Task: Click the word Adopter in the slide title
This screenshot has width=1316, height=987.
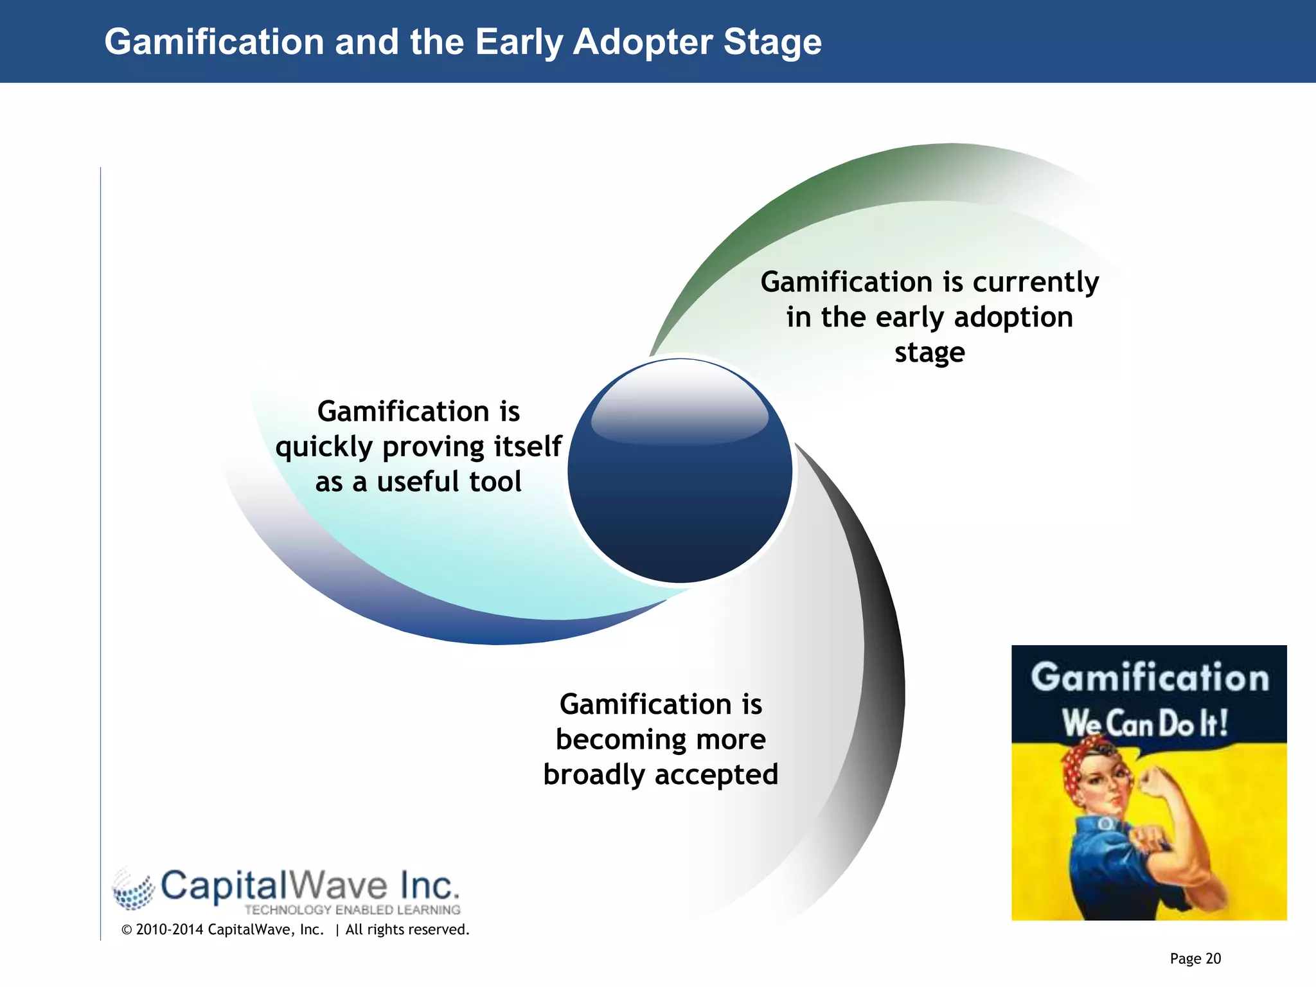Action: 643,42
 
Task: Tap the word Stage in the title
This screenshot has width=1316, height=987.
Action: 772,42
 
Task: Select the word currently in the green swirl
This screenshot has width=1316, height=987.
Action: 1036,282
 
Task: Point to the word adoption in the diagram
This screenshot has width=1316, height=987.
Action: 1013,317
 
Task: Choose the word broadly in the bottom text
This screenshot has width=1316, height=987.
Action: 593,775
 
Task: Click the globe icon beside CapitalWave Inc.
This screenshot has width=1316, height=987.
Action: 134,889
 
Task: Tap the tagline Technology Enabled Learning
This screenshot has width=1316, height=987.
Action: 352,910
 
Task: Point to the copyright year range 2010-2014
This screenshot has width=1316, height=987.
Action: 170,930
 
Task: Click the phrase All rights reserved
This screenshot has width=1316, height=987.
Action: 407,930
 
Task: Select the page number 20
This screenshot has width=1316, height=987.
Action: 1213,959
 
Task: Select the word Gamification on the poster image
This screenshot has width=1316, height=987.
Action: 1150,678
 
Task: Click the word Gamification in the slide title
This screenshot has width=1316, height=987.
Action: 214,42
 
